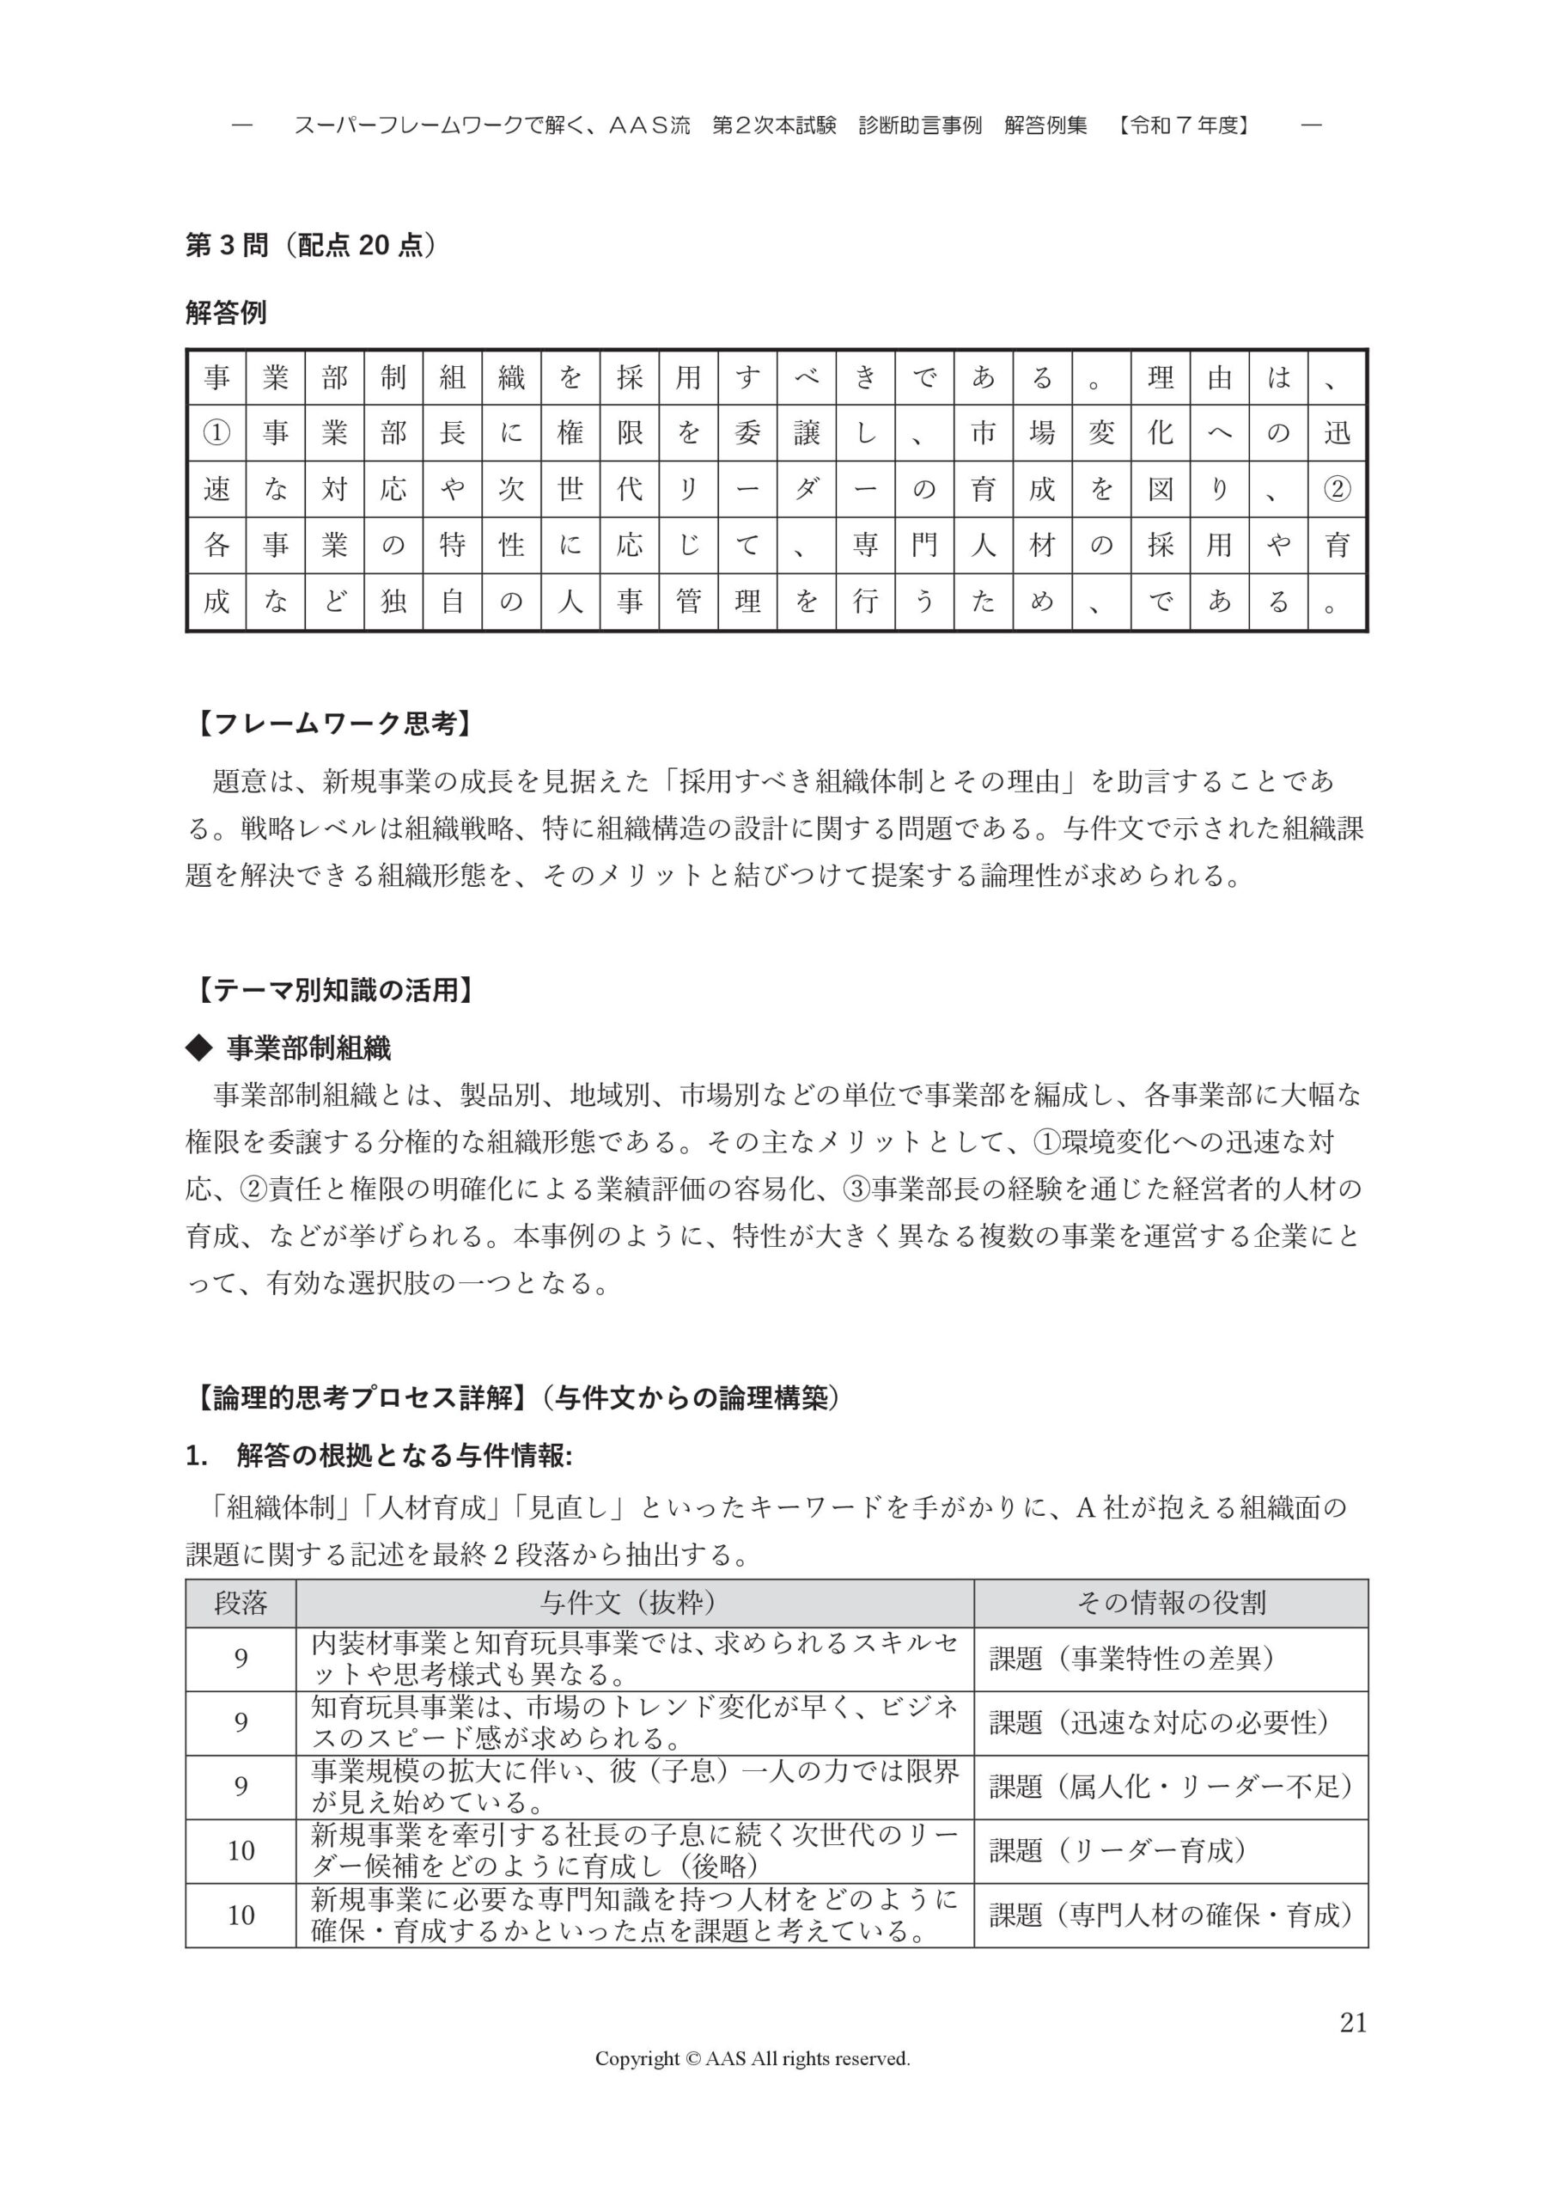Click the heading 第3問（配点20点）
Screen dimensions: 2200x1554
310,247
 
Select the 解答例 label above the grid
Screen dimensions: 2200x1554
226,312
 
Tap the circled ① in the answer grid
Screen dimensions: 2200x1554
216,433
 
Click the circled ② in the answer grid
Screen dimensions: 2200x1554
1337,490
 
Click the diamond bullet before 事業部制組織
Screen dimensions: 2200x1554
198,1048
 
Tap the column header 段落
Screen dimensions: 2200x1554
241,1603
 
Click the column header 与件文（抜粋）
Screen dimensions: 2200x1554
634,1603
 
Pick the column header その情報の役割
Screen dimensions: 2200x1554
1171,1603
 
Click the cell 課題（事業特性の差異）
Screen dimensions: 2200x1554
1132,1659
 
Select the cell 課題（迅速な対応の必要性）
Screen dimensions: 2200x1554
1160,1723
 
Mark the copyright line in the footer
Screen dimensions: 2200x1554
753,2058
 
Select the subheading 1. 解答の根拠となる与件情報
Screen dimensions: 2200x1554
379,1457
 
